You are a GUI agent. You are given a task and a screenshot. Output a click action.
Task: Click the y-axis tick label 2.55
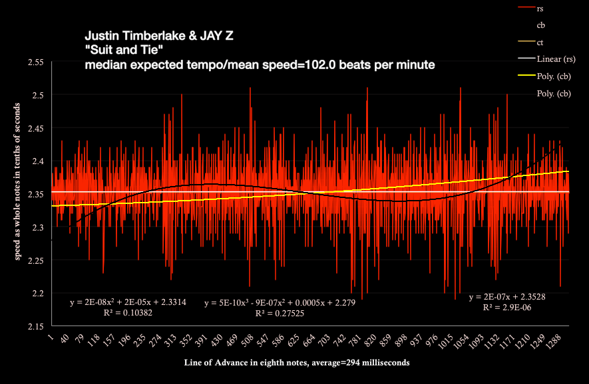[34, 62]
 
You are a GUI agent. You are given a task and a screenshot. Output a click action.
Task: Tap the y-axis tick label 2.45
[34, 128]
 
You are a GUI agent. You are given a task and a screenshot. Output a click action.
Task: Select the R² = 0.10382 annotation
[128, 312]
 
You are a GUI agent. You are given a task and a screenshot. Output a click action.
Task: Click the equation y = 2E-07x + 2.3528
[507, 297]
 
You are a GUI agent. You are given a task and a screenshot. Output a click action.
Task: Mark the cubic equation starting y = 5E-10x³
[280, 303]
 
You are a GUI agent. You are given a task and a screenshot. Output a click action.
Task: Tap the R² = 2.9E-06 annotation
[507, 308]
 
